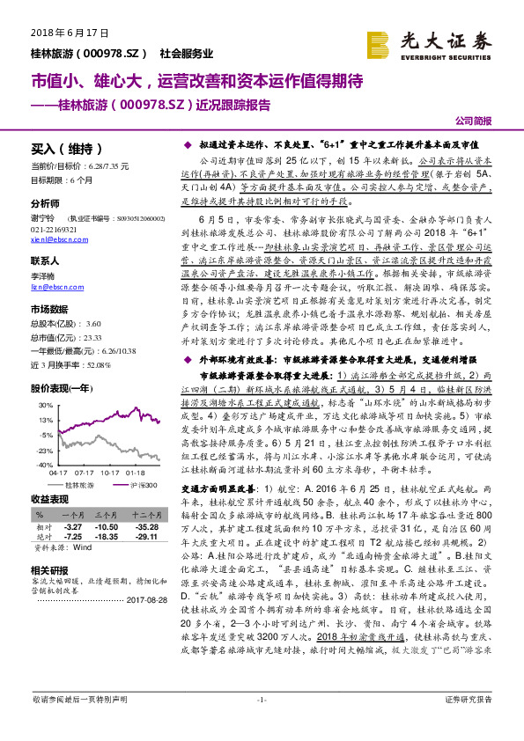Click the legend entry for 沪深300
pyautogui.click(x=143, y=485)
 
